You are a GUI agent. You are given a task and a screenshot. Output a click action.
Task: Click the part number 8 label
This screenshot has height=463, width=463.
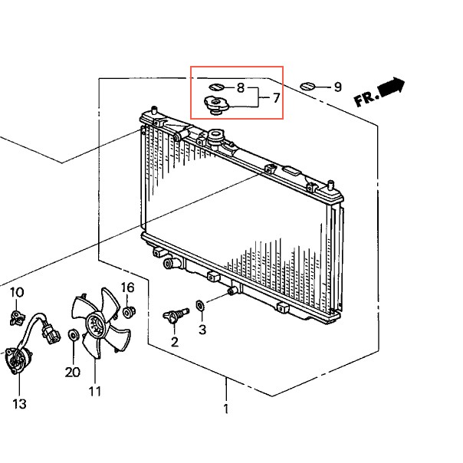240,88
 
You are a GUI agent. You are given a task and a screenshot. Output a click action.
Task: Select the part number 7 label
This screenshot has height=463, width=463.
276,98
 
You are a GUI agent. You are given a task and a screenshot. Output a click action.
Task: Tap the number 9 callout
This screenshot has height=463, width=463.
337,87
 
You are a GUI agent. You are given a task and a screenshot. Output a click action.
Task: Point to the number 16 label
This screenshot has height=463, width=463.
127,288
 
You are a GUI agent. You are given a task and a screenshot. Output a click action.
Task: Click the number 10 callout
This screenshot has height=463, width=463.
17,292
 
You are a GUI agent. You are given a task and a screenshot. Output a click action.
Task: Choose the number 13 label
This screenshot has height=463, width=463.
19,403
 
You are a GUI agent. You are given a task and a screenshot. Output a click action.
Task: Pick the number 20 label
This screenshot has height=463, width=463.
72,373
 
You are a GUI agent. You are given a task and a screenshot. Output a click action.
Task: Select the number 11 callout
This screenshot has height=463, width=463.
95,392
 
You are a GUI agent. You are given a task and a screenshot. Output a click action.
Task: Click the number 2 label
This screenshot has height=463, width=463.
174,342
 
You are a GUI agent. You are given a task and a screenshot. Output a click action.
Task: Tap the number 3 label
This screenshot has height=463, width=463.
202,330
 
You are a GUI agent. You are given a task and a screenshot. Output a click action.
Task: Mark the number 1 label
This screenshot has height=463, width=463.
226,409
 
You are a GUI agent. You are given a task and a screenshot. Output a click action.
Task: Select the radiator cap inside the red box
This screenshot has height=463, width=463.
215,103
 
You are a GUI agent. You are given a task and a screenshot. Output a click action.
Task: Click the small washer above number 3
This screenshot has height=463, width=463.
200,306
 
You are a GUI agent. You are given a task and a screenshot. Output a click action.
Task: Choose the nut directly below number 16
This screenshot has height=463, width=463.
129,312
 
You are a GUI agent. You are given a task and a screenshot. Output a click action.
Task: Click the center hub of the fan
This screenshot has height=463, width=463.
94,326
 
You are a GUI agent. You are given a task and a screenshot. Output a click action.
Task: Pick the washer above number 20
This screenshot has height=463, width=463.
72,335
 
